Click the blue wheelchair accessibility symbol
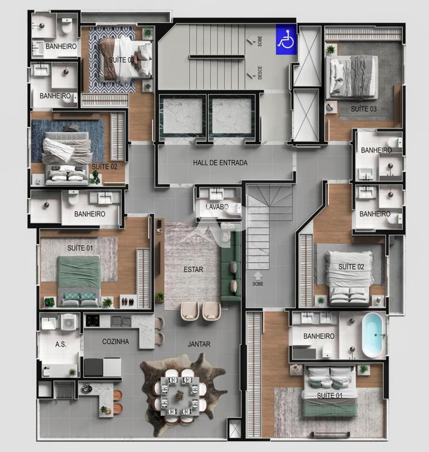(x=286, y=40)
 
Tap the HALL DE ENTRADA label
(x=220, y=163)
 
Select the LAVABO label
(x=217, y=207)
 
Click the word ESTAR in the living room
(x=193, y=269)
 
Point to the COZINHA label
(x=115, y=342)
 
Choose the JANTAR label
(x=199, y=344)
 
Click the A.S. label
(x=60, y=344)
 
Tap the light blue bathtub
(x=372, y=335)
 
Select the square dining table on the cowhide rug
(x=180, y=395)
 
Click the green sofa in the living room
(x=231, y=266)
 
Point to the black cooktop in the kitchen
(x=93, y=320)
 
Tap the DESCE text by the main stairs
(x=260, y=73)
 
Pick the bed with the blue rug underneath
(x=67, y=158)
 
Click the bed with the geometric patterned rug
(x=125, y=59)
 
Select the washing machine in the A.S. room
(x=69, y=322)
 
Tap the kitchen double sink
(x=121, y=321)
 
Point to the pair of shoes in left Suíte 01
(x=128, y=302)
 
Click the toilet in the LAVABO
(x=234, y=210)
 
